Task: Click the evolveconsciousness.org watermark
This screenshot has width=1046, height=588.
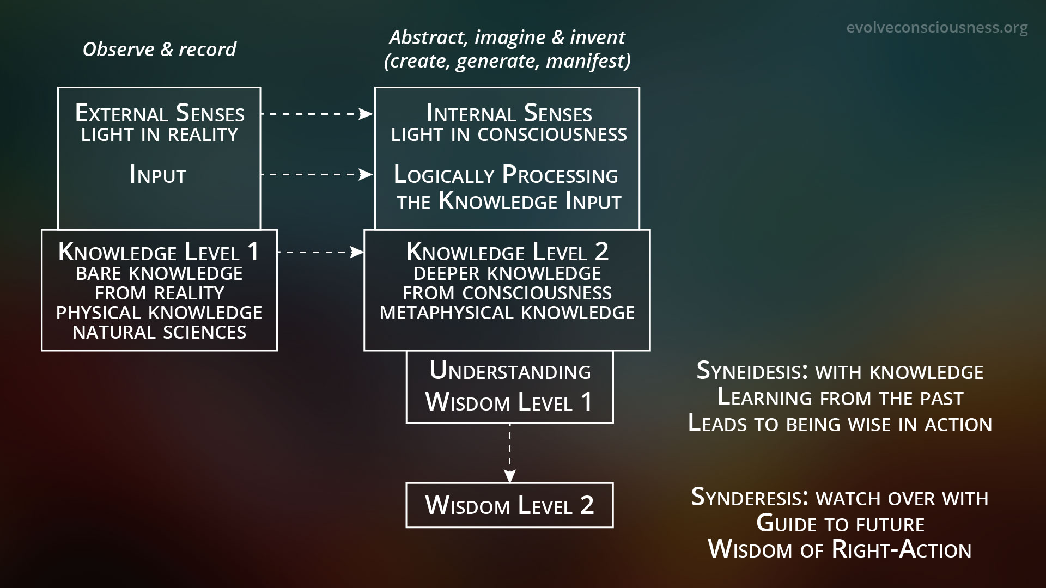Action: click(937, 27)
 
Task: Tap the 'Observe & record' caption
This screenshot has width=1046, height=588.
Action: click(159, 50)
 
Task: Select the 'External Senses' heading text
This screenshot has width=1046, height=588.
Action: click(160, 113)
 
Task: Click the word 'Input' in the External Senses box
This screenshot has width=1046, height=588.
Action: click(158, 175)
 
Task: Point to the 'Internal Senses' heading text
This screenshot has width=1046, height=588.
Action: click(509, 113)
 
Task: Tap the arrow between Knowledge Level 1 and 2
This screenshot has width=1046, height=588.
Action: click(320, 252)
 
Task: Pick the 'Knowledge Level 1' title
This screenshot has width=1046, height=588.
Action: click(159, 252)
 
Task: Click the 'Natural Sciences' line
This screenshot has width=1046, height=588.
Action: click(159, 332)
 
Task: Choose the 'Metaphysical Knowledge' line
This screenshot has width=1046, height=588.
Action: click(507, 313)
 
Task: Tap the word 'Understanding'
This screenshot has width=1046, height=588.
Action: click(510, 371)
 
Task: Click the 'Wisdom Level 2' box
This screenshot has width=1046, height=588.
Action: click(509, 505)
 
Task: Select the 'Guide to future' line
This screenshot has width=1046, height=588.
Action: click(840, 524)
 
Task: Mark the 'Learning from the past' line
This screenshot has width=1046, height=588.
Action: click(840, 397)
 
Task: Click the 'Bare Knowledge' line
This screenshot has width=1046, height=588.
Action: click(159, 273)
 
